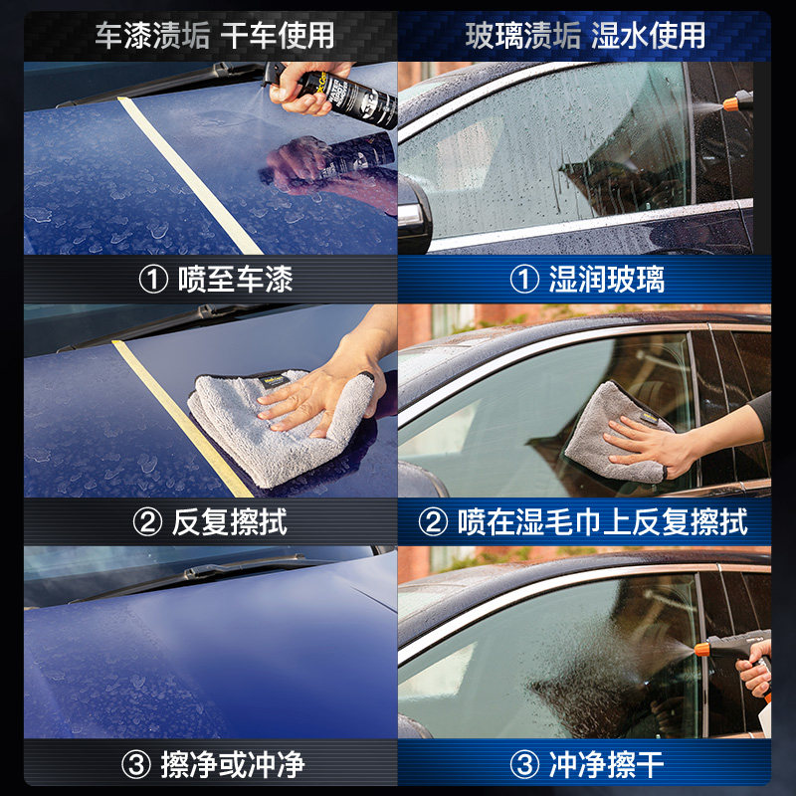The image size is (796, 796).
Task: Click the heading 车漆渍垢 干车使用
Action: point(214,36)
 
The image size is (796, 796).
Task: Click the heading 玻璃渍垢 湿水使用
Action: point(585,36)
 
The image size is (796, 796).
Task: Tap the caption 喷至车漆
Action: point(215,280)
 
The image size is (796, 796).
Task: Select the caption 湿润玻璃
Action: point(586,280)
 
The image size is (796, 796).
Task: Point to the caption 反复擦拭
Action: point(214,522)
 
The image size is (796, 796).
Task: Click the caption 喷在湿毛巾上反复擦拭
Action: point(586,522)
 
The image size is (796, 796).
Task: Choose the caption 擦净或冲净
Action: point(215,765)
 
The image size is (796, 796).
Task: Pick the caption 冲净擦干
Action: point(586,765)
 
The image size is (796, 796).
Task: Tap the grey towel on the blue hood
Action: point(279,428)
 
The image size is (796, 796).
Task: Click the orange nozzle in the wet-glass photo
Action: point(734,100)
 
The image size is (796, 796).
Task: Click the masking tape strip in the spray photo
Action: point(189,174)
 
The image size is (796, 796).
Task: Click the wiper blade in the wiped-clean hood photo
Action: point(219,572)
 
